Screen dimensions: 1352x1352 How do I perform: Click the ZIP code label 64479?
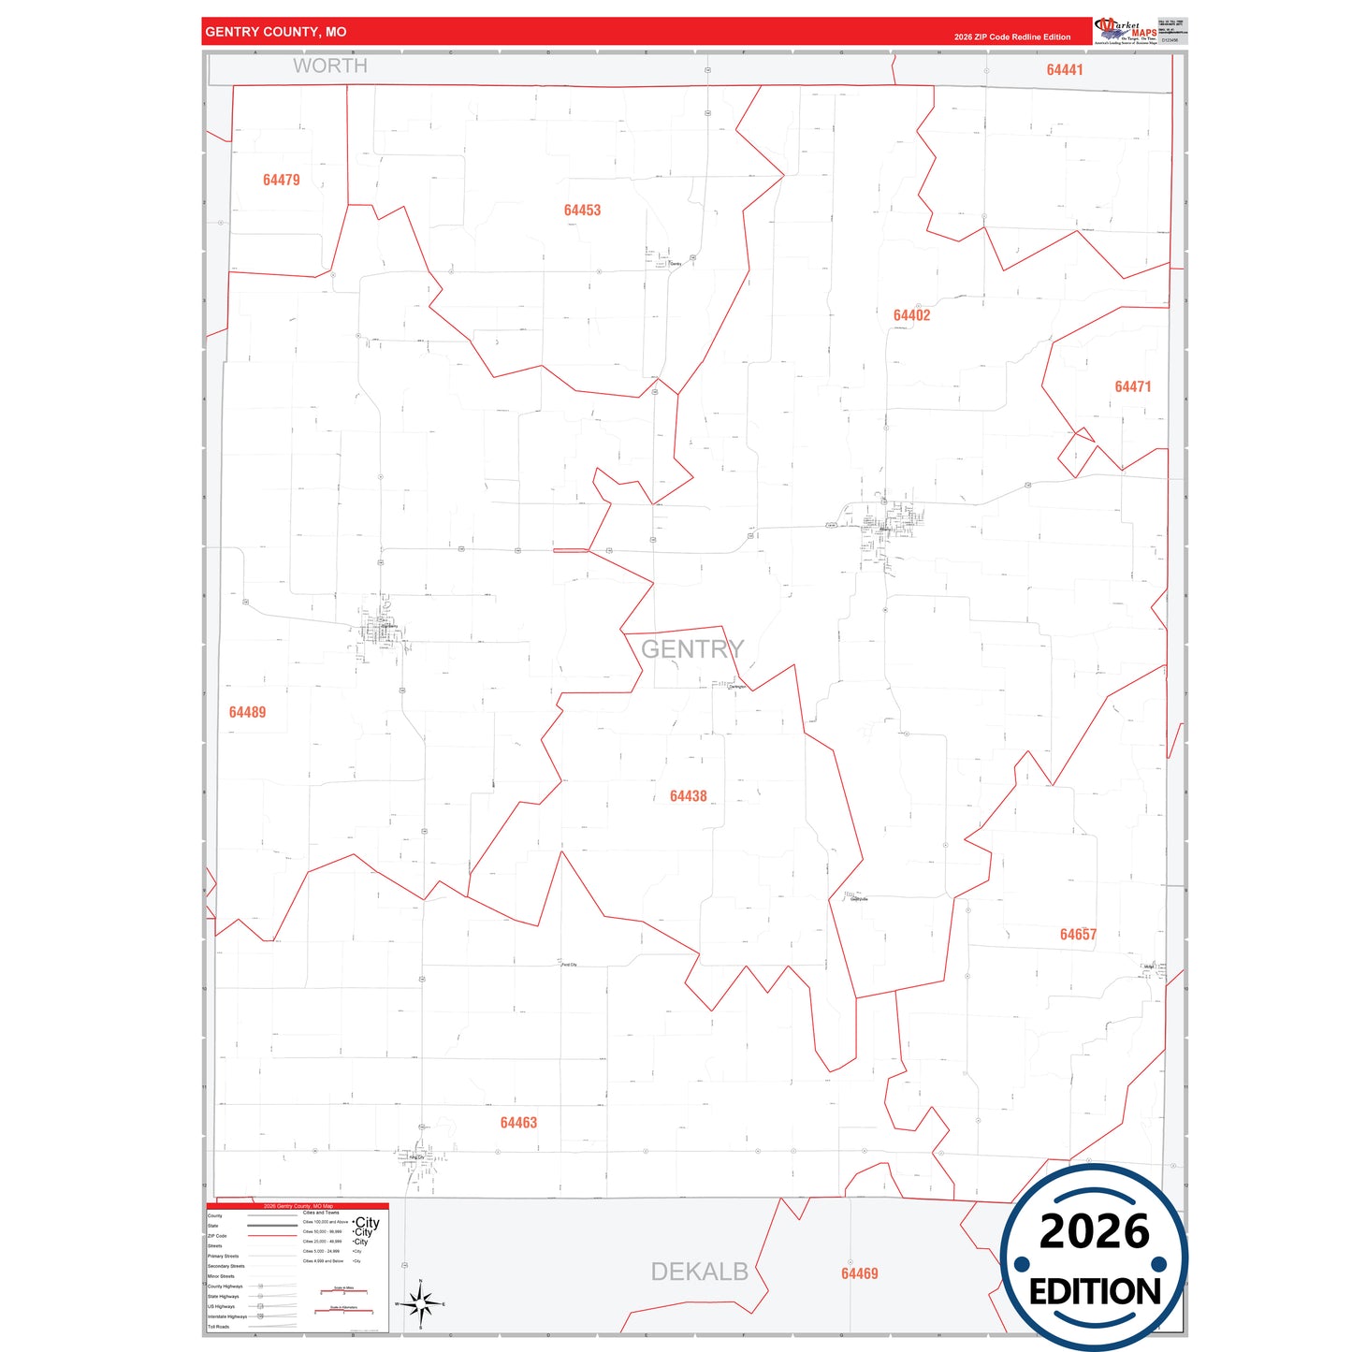(x=281, y=180)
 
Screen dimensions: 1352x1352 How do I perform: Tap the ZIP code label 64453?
(x=582, y=211)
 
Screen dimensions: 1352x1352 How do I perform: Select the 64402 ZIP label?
(x=911, y=315)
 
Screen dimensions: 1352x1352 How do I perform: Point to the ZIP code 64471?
(x=1132, y=386)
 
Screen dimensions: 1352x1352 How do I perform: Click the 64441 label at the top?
(x=1065, y=70)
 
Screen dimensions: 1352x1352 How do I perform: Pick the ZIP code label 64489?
(x=247, y=712)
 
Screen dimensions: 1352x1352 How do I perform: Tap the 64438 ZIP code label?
(x=688, y=796)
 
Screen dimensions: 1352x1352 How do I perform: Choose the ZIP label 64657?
(x=1078, y=935)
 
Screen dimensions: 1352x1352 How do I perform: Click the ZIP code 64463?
(x=518, y=1123)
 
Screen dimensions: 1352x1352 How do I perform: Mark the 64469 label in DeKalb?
(x=859, y=1273)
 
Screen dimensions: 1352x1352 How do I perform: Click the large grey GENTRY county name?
(x=692, y=648)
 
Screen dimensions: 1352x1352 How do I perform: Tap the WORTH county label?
(x=330, y=66)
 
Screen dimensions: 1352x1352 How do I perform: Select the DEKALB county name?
(x=699, y=1272)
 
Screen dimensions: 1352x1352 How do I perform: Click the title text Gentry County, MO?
(x=276, y=32)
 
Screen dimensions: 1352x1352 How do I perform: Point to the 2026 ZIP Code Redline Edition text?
(x=1012, y=37)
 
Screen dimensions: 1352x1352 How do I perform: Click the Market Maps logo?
(x=1126, y=31)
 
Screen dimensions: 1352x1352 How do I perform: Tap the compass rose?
(x=420, y=1303)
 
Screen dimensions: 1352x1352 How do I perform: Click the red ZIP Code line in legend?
(x=272, y=1236)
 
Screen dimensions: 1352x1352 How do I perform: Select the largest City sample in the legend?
(x=368, y=1222)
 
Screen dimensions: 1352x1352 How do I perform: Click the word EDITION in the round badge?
(x=1095, y=1292)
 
